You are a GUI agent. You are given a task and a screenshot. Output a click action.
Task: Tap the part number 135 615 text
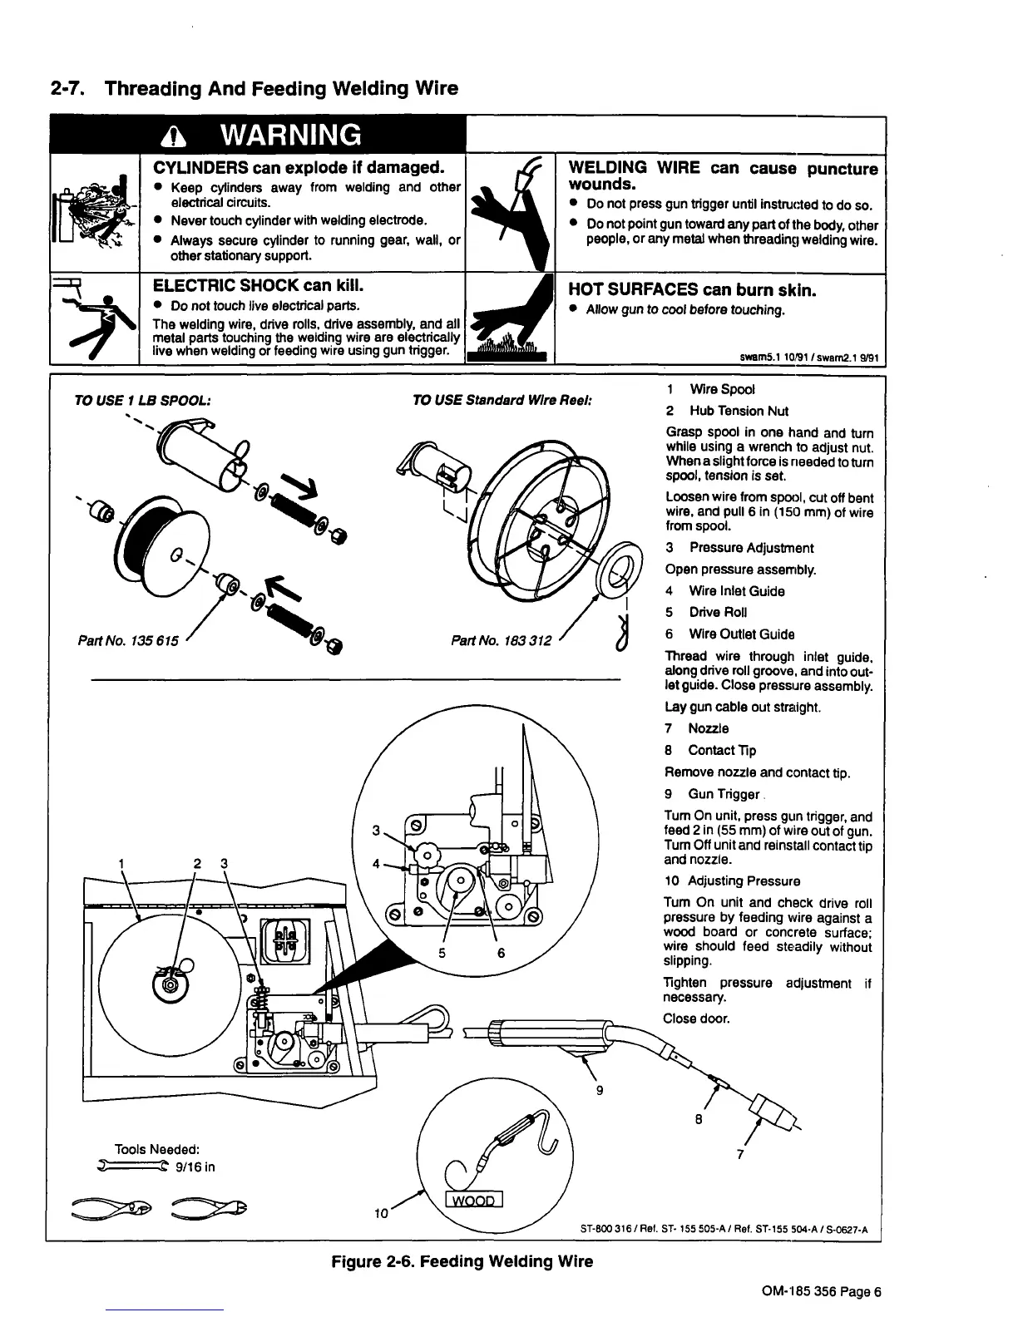click(x=126, y=642)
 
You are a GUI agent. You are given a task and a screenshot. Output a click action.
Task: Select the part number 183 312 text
click(x=501, y=641)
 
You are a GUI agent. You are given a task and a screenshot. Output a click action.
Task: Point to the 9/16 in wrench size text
click(x=196, y=1167)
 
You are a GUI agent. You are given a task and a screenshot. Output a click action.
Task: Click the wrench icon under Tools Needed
click(x=132, y=1166)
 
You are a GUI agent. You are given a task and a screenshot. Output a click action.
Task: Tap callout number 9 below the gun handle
click(x=600, y=1090)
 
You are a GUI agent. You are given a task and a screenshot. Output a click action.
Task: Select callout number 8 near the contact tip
click(x=699, y=1119)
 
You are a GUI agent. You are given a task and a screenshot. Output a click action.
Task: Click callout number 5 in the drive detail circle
click(x=443, y=954)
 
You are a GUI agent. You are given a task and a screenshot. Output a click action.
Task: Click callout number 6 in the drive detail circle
click(x=502, y=954)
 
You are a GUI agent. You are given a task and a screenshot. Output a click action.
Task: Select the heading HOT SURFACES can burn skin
click(x=692, y=289)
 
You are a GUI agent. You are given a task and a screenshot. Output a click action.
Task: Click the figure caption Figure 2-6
click(x=462, y=1261)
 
